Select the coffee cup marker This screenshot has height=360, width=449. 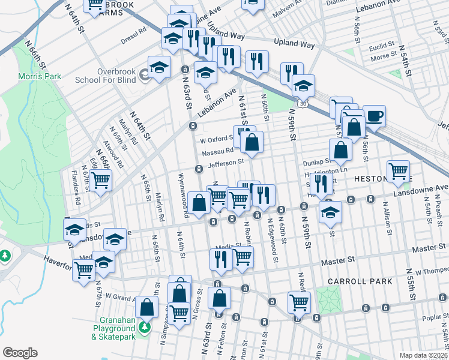pyautogui.click(x=375, y=116)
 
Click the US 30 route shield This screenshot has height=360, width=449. pyautogui.click(x=304, y=104)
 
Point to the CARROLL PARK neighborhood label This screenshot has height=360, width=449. pyautogui.click(x=360, y=281)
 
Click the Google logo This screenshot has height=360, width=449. pyautogui.click(x=20, y=353)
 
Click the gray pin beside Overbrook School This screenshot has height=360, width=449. pyautogui.click(x=144, y=76)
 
